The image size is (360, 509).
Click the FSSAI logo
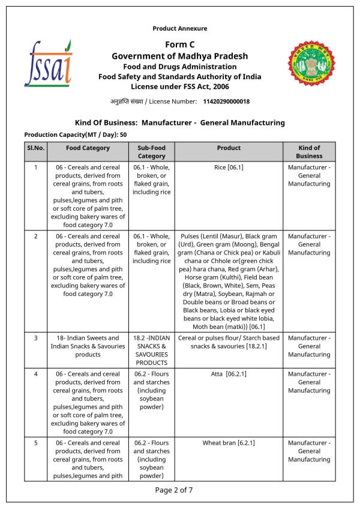pyautogui.click(x=48, y=63)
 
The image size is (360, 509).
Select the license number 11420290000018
pyautogui.click(x=226, y=101)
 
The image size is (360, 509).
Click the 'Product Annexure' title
pyautogui.click(x=180, y=28)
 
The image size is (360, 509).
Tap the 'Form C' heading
pyautogui.click(x=180, y=45)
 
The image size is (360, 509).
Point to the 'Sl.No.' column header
pyautogui.click(x=35, y=148)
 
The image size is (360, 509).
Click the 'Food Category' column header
pyautogui.click(x=88, y=148)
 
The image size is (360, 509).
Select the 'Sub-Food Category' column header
pyautogui.click(x=151, y=152)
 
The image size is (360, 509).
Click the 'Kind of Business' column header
pyautogui.click(x=309, y=152)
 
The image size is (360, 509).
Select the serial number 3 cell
pyautogui.click(x=35, y=338)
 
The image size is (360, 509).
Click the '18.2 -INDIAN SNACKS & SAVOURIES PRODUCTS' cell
pyautogui.click(x=151, y=351)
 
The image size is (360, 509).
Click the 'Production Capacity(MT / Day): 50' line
pyautogui.click(x=75, y=134)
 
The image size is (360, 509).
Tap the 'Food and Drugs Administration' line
pyautogui.click(x=180, y=67)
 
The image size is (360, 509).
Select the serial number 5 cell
pyautogui.click(x=35, y=443)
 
